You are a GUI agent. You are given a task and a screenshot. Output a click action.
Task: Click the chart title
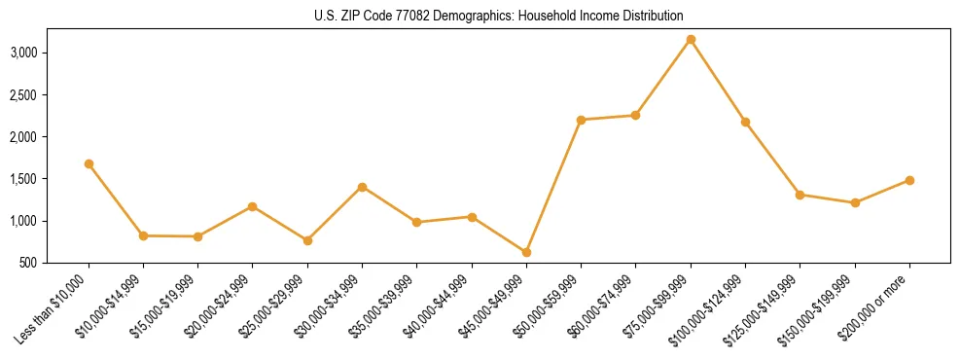point(499,17)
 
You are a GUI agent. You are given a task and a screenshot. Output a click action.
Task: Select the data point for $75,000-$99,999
point(691,40)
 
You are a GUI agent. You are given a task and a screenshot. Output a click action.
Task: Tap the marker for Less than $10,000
point(89,164)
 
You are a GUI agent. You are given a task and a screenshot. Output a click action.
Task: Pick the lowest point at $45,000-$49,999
point(526,252)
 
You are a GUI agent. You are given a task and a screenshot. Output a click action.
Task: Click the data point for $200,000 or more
point(909,180)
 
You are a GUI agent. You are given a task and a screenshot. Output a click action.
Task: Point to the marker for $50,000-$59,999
point(581,120)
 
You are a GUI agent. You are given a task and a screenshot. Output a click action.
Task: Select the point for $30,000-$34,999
point(362,187)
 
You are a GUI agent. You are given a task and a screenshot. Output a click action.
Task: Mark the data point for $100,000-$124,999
point(745,123)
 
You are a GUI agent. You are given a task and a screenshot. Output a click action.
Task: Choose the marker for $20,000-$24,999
point(253,206)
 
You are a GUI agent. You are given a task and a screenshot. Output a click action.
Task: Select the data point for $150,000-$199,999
point(855,202)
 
